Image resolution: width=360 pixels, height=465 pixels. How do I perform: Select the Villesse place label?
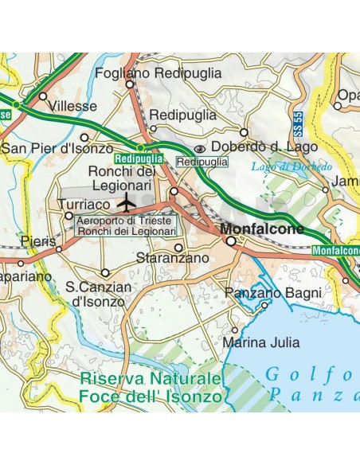(x=72, y=105)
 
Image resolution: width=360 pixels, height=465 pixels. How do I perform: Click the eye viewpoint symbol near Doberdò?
(x=200, y=147)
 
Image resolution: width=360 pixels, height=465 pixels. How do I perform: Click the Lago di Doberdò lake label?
(x=280, y=166)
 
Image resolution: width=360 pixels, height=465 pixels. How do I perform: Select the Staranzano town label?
(x=172, y=258)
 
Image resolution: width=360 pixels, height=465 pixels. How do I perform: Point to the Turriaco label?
(x=83, y=204)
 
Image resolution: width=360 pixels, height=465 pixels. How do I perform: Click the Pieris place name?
(x=39, y=240)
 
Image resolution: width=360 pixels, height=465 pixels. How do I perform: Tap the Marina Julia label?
(x=261, y=343)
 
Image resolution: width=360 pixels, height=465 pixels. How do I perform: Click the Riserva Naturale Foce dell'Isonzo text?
(x=149, y=386)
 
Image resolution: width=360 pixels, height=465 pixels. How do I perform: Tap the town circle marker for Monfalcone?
(x=231, y=240)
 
